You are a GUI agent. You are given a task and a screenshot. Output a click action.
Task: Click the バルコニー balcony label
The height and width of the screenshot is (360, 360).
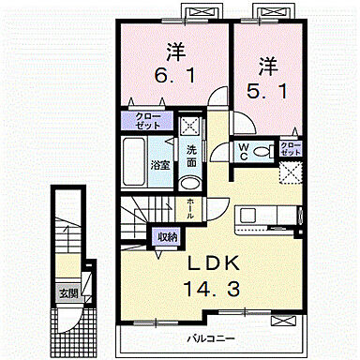point(208,336)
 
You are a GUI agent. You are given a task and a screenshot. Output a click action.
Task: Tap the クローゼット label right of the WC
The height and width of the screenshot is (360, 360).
point(292,149)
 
